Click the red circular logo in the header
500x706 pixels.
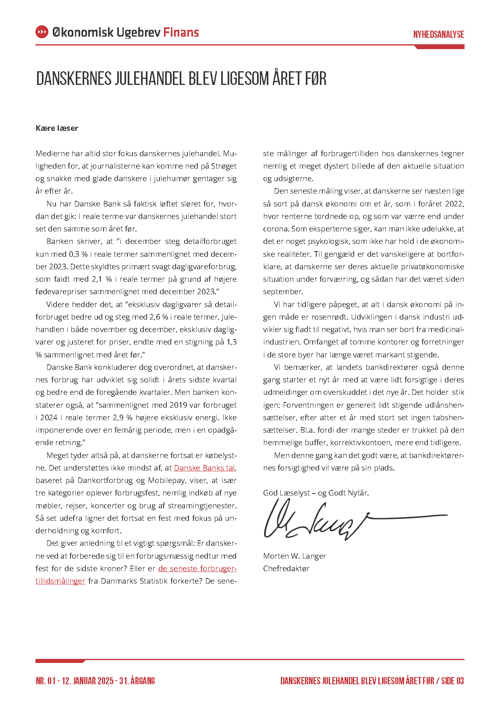coord(42,32)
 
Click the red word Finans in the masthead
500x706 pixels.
coord(181,32)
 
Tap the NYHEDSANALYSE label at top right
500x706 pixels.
coord(438,35)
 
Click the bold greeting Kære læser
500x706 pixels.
coord(57,128)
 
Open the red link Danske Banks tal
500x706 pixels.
coord(205,468)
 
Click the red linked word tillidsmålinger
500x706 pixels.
coord(60,581)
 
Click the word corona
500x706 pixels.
coord(276,229)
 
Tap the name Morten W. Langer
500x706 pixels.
coord(295,556)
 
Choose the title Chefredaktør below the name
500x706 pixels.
coord(286,568)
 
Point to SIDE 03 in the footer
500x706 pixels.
coord(452,681)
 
